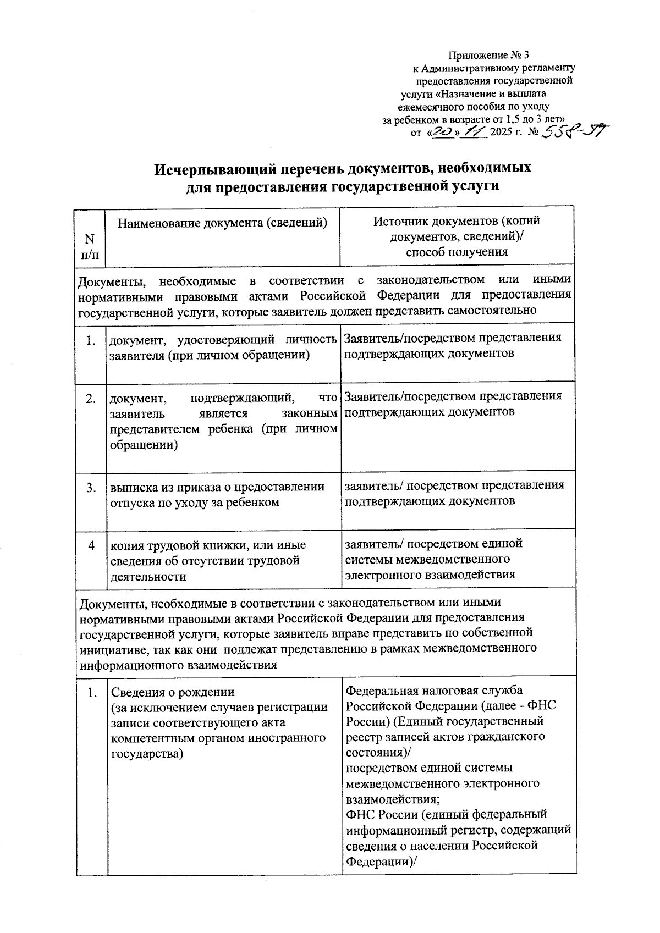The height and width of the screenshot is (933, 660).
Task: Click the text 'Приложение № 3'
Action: click(489, 55)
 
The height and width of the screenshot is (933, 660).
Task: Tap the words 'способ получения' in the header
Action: click(457, 252)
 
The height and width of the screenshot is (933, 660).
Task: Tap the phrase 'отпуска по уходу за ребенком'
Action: click(195, 502)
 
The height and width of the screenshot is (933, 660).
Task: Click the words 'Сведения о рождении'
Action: click(173, 692)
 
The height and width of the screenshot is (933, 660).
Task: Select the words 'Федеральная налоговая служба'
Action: click(435, 690)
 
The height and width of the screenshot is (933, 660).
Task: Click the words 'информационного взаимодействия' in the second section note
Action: click(178, 665)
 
